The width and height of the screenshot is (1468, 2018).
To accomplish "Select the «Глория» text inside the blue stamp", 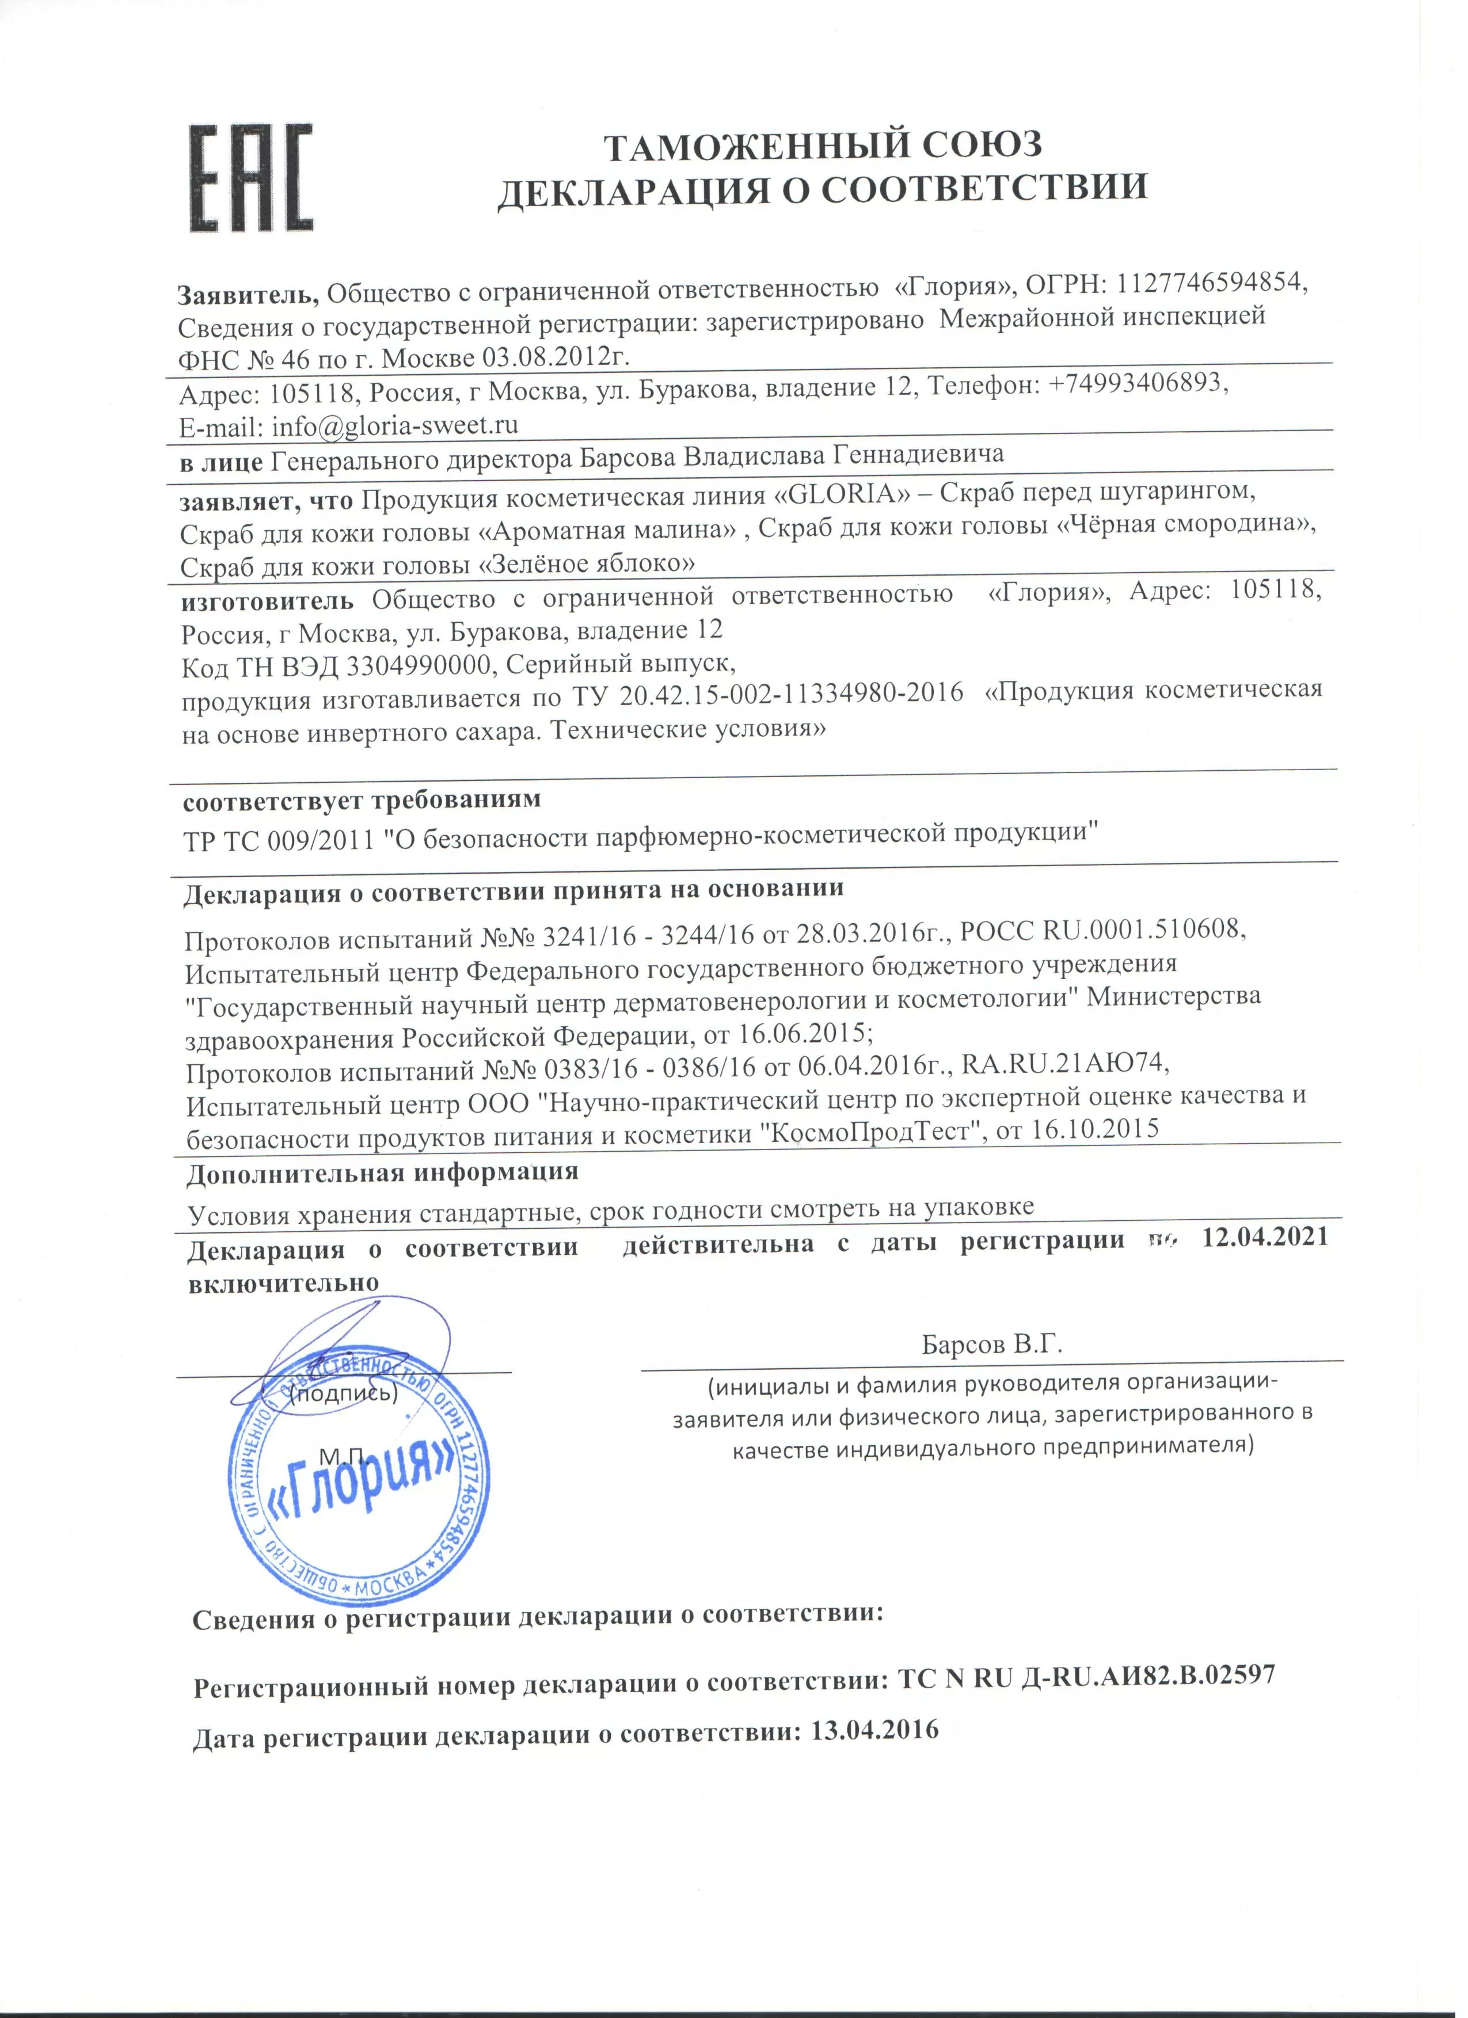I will (x=361, y=1482).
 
